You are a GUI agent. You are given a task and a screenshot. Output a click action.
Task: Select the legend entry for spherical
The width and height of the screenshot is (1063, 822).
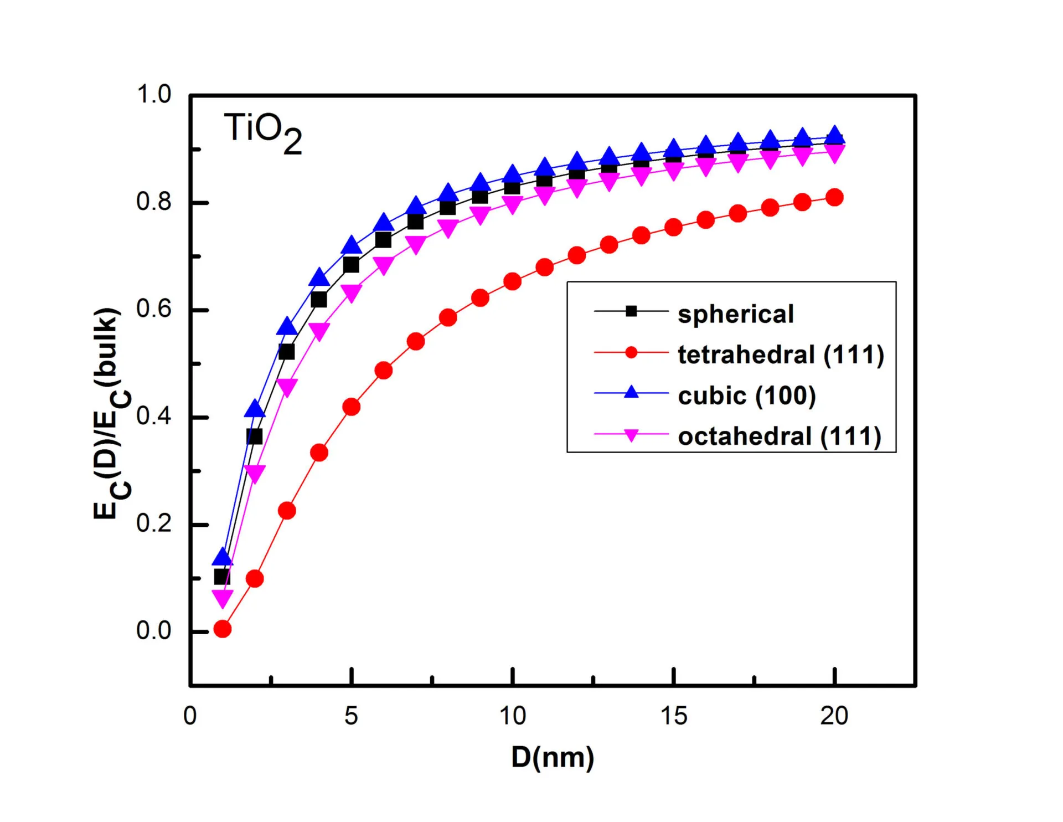click(735, 314)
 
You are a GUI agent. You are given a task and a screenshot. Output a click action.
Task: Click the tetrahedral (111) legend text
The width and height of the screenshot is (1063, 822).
click(781, 355)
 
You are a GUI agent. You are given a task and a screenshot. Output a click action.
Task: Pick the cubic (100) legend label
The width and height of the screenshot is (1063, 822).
click(747, 395)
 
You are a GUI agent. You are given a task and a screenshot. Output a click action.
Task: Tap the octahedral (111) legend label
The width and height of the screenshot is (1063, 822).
click(780, 436)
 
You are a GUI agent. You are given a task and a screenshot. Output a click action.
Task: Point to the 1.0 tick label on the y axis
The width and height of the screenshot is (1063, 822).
click(154, 95)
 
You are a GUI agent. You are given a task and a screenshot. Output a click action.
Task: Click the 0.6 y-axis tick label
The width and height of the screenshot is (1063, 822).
click(154, 309)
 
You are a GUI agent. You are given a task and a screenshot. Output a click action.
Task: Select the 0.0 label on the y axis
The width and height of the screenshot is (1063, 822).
click(154, 631)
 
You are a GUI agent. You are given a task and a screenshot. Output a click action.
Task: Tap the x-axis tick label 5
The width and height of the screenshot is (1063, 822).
click(351, 716)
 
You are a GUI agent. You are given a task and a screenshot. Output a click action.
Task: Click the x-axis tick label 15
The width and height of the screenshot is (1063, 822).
click(673, 716)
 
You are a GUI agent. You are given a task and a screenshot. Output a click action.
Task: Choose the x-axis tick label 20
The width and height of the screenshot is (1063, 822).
click(834, 716)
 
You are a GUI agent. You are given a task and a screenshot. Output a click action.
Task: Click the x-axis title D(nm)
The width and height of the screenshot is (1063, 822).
click(553, 757)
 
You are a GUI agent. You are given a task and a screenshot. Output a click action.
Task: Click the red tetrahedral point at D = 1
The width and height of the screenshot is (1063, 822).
click(222, 629)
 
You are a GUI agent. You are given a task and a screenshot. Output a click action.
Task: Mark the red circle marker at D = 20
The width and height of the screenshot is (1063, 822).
click(834, 198)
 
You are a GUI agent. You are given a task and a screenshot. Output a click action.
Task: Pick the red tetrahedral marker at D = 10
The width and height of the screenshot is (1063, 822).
click(512, 282)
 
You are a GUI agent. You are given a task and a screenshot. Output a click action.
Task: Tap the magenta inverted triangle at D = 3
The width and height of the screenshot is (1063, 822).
click(287, 387)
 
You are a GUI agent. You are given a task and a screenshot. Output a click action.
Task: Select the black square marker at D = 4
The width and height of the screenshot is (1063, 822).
click(319, 300)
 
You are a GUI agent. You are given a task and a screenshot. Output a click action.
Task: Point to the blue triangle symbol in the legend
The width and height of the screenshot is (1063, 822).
click(631, 393)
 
